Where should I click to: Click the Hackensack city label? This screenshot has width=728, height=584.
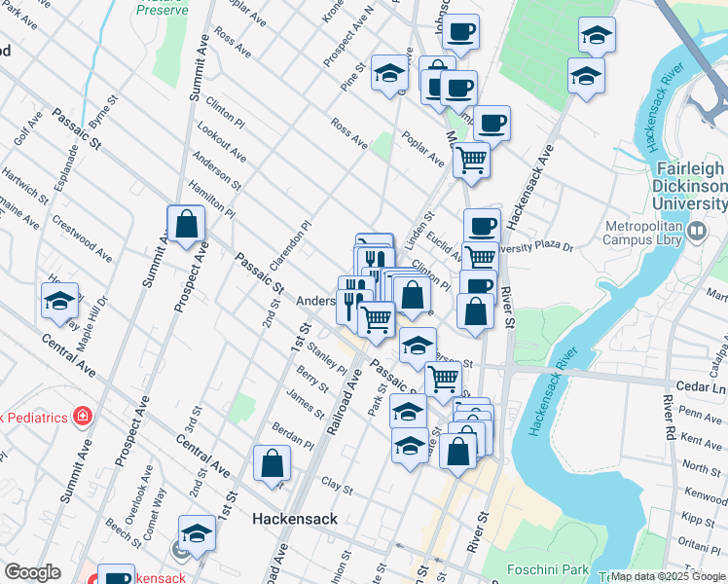295,519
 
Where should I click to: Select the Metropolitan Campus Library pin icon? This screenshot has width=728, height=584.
697,232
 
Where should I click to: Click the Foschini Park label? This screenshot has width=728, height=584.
549,568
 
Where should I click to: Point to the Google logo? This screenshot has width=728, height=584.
32,572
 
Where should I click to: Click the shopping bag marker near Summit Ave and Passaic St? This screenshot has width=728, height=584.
186,226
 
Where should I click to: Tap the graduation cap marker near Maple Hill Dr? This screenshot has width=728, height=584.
59,302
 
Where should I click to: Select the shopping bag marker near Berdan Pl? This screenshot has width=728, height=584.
272,463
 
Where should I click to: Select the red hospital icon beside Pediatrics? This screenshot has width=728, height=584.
83,418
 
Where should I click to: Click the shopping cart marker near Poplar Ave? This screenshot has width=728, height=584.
472,160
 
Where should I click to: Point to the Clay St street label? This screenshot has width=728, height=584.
336,484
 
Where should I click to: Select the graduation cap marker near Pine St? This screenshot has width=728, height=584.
389,76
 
